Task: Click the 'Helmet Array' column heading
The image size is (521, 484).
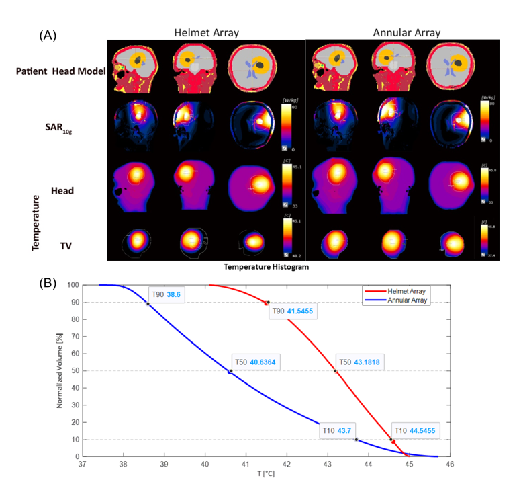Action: click(x=206, y=32)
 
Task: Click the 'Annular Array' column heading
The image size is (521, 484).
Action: click(x=406, y=32)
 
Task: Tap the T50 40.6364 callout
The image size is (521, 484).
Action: click(x=256, y=362)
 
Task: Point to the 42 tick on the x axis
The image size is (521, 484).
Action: click(x=287, y=464)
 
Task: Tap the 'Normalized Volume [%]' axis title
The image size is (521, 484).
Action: click(x=60, y=370)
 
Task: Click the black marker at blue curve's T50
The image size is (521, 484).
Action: click(x=230, y=371)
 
